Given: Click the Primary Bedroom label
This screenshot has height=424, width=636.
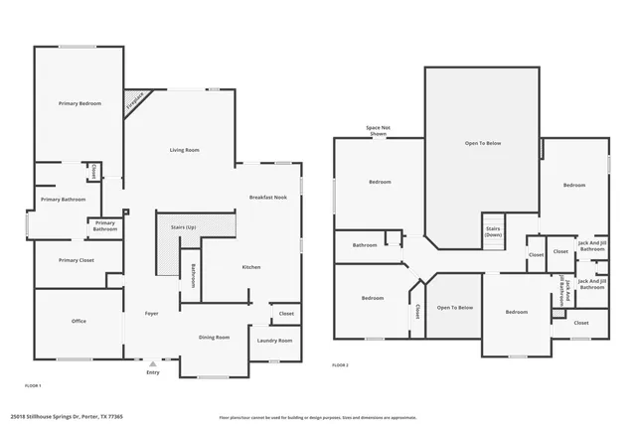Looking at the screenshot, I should [79, 103].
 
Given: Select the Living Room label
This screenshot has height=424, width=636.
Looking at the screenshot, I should [185, 149].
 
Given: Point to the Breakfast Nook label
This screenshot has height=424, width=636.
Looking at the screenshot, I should [267, 198].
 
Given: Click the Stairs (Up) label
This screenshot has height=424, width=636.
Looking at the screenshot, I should [184, 227].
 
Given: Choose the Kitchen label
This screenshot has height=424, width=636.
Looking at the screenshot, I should [251, 267].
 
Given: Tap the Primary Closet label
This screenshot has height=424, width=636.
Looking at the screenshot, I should [76, 260].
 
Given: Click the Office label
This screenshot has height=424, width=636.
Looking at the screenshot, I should [79, 321].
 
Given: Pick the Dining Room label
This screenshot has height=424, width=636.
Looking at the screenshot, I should [214, 337].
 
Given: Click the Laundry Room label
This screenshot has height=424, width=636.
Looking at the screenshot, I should [274, 341].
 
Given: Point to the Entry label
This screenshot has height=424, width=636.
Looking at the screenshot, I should [152, 372].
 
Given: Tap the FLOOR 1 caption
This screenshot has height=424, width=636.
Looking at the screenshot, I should [33, 384].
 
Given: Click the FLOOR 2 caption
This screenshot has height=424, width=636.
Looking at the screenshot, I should [341, 366].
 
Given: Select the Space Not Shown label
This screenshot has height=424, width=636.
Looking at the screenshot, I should [378, 130].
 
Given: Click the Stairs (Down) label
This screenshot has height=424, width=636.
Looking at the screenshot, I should [493, 231].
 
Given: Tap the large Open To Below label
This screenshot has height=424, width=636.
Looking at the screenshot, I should [483, 143].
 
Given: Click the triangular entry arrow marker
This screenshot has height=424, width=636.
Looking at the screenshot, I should [152, 363].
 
